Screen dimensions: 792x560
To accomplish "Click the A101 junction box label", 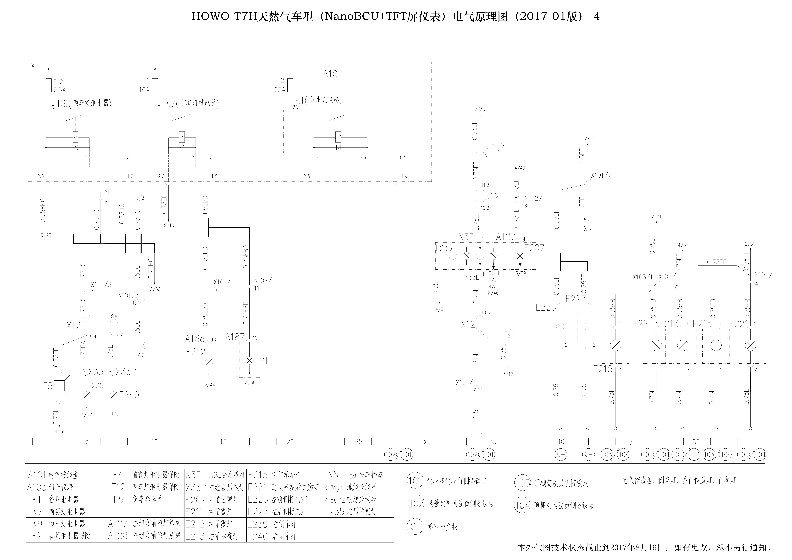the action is click(332, 74).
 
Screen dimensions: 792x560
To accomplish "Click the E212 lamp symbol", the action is click(209, 362).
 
